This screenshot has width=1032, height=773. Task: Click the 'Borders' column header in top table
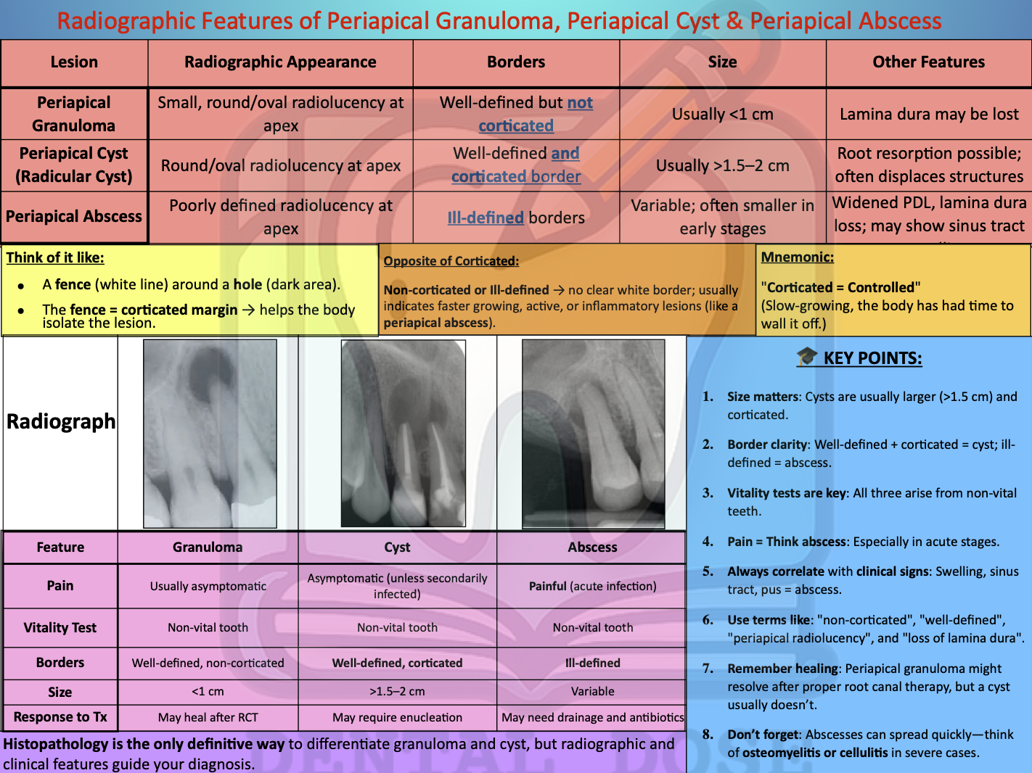[x=516, y=62]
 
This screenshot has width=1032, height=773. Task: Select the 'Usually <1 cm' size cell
[x=722, y=115]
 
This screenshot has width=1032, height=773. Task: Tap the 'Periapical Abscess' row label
[x=74, y=217]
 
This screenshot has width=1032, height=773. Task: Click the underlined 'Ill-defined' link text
[x=486, y=218]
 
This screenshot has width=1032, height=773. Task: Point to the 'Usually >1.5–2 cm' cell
[x=722, y=166]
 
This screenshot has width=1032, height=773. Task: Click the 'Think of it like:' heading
[x=55, y=258]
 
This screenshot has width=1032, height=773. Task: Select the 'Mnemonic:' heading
[x=797, y=257]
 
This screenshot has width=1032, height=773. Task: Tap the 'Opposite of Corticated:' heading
[x=451, y=261]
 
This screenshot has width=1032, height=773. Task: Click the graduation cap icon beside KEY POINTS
[x=806, y=357]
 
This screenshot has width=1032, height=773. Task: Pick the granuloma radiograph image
[x=210, y=434]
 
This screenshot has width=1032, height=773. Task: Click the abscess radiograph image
[x=593, y=434]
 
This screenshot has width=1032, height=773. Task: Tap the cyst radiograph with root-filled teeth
[x=403, y=434]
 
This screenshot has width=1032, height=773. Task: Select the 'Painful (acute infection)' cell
[x=592, y=586]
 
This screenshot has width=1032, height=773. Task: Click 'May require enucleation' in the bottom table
[x=397, y=717]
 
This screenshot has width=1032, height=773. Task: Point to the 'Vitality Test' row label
[x=60, y=628]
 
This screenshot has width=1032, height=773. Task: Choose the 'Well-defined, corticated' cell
[x=397, y=663]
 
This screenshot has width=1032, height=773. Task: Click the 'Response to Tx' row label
[x=60, y=717]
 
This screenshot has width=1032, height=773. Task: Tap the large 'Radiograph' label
[x=61, y=422]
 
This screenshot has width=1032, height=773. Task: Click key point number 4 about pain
[x=863, y=542]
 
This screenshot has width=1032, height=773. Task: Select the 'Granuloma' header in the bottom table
[x=208, y=547]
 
